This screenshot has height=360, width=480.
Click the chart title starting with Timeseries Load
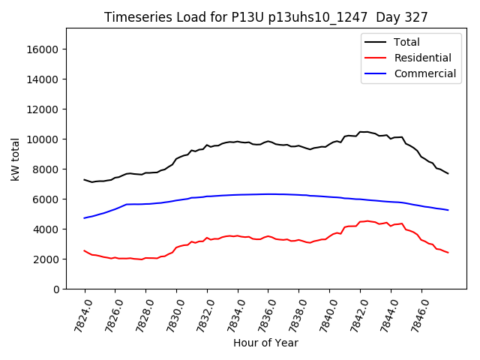pos(265,17)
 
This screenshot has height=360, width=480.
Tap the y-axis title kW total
pos(16,159)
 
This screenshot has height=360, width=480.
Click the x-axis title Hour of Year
pos(265,343)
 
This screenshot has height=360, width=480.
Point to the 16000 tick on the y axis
pos(42,49)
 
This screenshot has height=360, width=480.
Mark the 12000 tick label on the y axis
pos(42,109)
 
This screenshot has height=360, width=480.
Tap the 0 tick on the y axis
pos(56,289)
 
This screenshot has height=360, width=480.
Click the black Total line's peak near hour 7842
pos(362,132)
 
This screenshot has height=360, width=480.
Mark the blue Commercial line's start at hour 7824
pos(85,217)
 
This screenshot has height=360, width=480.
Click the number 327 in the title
pos(418,17)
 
